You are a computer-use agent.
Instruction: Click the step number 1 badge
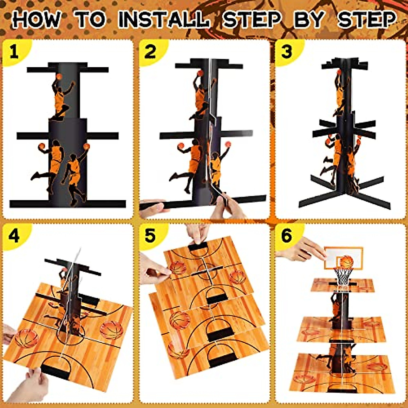pyautogui.click(x=14, y=52)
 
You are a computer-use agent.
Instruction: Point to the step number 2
pyautogui.click(x=150, y=52)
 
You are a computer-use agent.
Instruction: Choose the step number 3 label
pyautogui.click(x=287, y=52)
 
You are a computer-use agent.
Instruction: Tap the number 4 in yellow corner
pyautogui.click(x=14, y=236)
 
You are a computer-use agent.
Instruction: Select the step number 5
pyautogui.click(x=150, y=236)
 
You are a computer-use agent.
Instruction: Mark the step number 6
pyautogui.click(x=287, y=236)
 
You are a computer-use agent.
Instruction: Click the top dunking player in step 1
pyautogui.click(x=61, y=97)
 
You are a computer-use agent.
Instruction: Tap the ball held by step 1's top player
pyautogui.click(x=59, y=76)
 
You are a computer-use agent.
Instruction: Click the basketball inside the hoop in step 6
pyautogui.click(x=346, y=262)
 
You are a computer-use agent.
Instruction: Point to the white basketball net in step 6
pyautogui.click(x=342, y=277)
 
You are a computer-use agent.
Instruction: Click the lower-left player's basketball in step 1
pyautogui.click(x=42, y=146)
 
